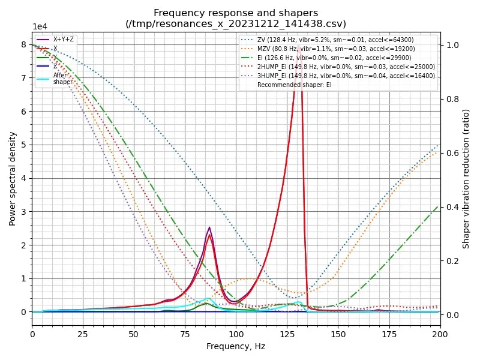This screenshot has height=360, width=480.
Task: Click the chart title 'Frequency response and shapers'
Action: [236, 13]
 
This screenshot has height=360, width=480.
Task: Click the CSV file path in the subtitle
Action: [236, 24]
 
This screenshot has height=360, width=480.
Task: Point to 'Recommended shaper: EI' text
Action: [294, 85]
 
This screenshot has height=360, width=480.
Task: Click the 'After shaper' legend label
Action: [62, 79]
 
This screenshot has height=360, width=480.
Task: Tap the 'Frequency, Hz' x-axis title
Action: [236, 346]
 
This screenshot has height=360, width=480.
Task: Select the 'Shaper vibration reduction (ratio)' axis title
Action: [466, 178]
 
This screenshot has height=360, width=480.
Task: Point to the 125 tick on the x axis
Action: [287, 333]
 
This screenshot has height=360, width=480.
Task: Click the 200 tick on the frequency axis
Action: [440, 333]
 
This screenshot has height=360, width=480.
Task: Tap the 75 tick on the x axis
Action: [185, 333]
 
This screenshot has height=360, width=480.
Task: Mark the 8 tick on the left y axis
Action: [24, 44]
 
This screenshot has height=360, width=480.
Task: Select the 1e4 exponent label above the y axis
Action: [40, 27]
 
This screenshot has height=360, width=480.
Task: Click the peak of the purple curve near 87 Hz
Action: [209, 227]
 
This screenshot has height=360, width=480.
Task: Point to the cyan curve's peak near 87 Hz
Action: [209, 298]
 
